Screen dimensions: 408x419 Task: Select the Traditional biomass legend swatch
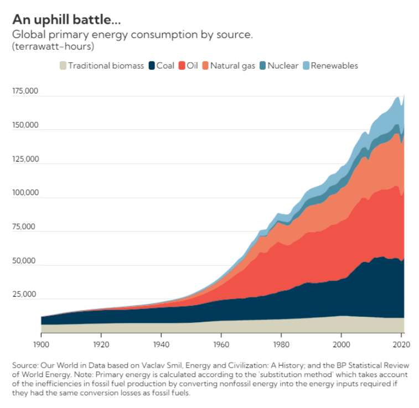[x=63, y=66]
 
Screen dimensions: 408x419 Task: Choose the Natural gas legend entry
[x=228, y=66]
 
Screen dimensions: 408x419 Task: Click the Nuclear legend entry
[x=278, y=66]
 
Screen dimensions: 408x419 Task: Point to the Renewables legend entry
[x=330, y=66]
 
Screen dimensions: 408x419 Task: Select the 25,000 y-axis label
[x=25, y=294]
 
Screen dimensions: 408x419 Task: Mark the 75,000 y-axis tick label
[x=25, y=227]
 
